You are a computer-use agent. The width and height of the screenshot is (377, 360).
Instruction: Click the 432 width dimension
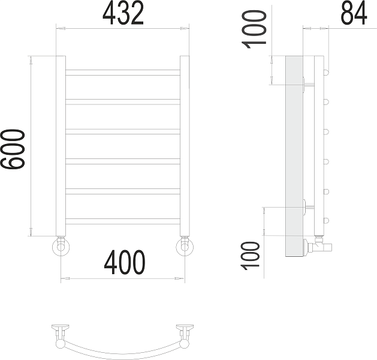pyautogui.click(x=123, y=13)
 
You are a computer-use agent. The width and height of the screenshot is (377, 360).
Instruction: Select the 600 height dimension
pyautogui.click(x=13, y=149)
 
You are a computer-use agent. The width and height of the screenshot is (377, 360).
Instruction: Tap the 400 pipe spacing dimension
pyautogui.click(x=125, y=262)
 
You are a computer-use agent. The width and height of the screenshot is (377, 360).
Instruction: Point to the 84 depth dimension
pyautogui.click(x=354, y=13)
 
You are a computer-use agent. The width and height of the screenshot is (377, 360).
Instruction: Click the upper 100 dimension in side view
pyautogui.click(x=254, y=29)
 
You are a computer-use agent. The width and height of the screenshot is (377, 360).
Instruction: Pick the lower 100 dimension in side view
pyautogui.click(x=250, y=256)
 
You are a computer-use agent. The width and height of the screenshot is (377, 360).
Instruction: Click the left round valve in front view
pyautogui.click(x=61, y=247)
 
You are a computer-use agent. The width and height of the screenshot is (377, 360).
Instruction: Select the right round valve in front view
pyautogui.click(x=185, y=247)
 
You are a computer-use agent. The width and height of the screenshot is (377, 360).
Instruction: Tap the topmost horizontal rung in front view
pyautogui.click(x=123, y=73)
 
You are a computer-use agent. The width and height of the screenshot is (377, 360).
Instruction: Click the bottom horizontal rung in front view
pyautogui.click(x=123, y=221)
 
